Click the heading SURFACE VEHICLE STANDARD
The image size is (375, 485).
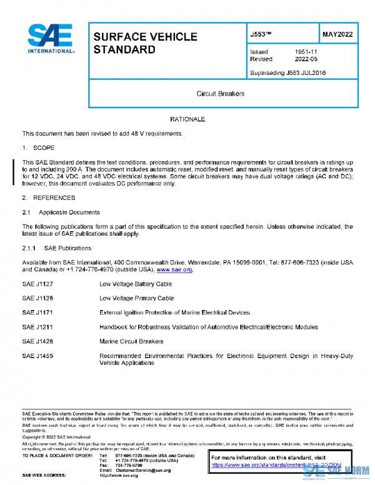[145, 43]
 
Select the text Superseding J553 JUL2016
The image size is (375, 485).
[287, 73]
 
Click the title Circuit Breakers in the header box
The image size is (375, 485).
[221, 94]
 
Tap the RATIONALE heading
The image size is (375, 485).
[187, 119]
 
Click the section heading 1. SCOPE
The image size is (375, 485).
[39, 147]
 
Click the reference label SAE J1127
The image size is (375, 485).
[37, 284]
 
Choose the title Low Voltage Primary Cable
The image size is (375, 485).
[138, 298]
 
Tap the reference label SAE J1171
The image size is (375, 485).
[37, 312]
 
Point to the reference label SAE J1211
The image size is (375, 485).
[37, 327]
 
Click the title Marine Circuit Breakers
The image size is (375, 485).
[131, 342]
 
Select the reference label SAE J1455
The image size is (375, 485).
[37, 356]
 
